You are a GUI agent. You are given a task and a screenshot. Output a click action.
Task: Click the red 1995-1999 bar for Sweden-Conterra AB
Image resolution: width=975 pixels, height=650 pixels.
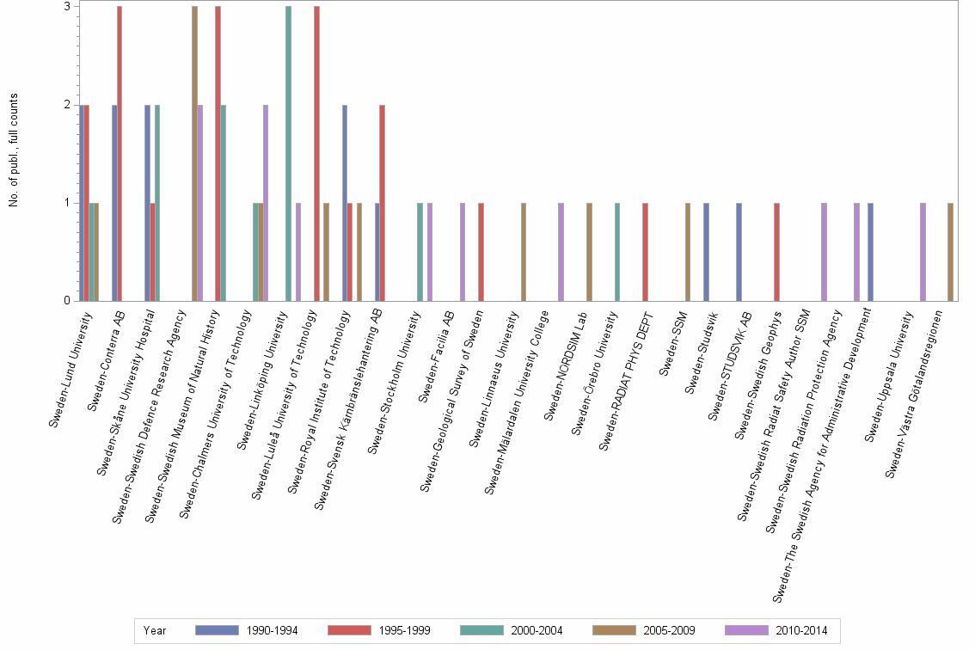120,153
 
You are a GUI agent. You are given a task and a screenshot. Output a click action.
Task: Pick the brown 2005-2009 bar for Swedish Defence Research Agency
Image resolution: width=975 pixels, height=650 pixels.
194,153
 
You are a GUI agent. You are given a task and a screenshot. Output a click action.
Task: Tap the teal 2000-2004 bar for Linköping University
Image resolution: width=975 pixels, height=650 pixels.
288,153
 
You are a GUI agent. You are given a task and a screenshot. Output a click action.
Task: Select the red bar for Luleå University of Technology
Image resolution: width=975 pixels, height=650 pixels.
316,153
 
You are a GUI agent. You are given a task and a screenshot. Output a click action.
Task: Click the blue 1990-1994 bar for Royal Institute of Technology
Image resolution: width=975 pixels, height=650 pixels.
345,203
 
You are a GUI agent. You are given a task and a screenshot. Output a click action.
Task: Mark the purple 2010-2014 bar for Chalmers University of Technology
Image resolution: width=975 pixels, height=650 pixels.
266,203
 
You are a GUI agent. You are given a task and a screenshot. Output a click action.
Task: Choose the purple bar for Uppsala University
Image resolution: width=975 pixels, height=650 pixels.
923,252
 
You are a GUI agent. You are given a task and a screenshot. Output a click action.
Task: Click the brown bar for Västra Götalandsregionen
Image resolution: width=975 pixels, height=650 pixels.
950,252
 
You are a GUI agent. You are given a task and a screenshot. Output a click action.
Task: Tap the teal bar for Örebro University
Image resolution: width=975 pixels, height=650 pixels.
617,252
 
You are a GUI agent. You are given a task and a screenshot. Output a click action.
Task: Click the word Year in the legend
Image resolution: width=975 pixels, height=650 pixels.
155,630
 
